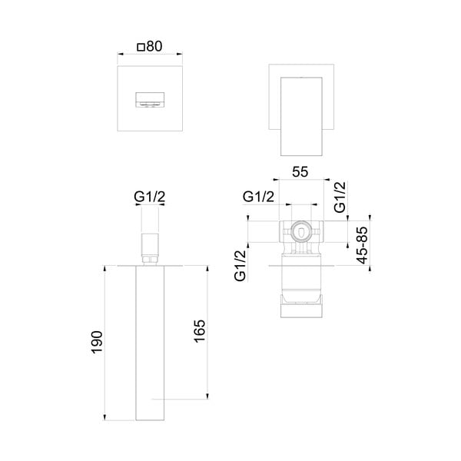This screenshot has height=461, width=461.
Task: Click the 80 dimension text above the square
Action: pyautogui.click(x=154, y=46)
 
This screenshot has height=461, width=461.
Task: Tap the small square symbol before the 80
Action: pyautogui.click(x=141, y=47)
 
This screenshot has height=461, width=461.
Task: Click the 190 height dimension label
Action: pyautogui.click(x=95, y=342)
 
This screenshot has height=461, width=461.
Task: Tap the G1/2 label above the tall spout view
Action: pyautogui.click(x=150, y=198)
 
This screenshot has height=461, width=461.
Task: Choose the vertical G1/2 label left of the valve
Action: pyautogui.click(x=240, y=266)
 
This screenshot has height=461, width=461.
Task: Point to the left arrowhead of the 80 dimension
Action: pyautogui.click(x=120, y=55)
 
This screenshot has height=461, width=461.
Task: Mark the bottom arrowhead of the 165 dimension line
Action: pyautogui.click(x=207, y=396)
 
